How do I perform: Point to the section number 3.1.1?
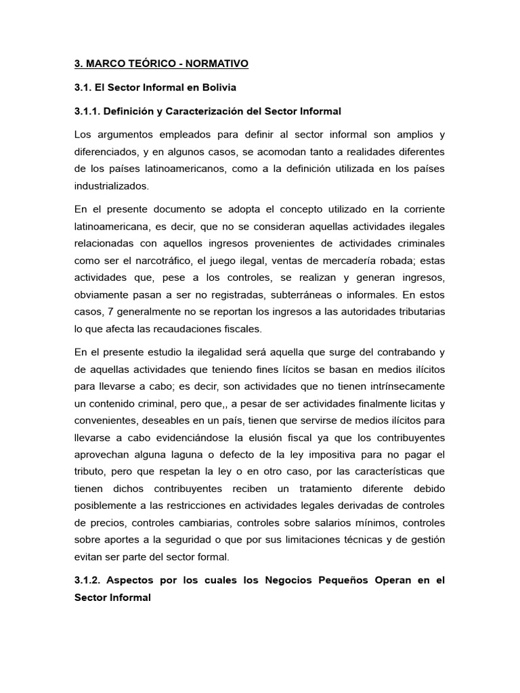89,110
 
